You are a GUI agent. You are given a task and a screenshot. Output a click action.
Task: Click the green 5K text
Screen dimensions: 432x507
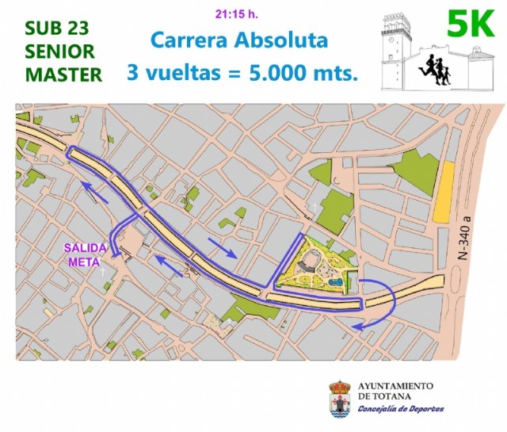(x=471, y=24)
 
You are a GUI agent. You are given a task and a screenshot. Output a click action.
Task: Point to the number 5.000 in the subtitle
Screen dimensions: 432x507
(x=278, y=73)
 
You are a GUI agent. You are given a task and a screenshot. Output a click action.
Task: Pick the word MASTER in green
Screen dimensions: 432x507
(x=63, y=75)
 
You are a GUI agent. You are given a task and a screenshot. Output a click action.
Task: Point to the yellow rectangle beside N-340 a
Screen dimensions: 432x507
(x=443, y=192)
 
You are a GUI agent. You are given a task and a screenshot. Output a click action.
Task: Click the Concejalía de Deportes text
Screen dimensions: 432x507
(x=400, y=409)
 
